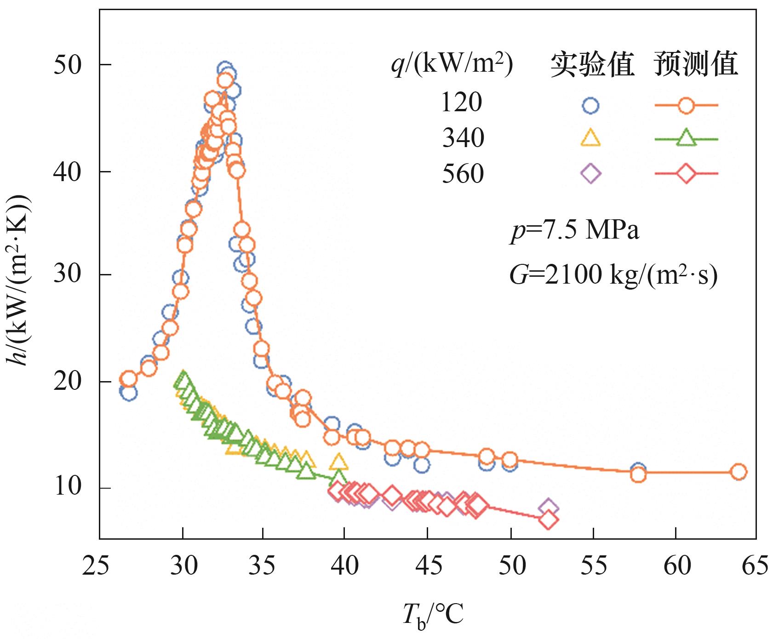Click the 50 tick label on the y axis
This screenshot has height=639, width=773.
click(68, 65)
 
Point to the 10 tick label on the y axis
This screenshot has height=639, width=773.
click(68, 487)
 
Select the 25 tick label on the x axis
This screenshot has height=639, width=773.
click(96, 565)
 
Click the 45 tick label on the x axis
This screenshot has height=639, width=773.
click(429, 565)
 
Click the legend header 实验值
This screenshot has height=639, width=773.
click(592, 64)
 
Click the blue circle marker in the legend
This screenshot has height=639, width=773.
click(590, 106)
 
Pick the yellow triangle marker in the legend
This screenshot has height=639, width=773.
click(590, 138)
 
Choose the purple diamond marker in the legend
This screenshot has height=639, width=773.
click(590, 174)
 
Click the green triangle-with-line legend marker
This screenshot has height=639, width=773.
click(686, 138)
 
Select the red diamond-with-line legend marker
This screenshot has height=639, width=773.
click(686, 174)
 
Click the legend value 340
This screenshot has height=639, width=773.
click(463, 138)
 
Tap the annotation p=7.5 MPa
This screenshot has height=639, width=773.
click(575, 230)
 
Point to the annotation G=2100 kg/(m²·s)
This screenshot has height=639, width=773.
click(613, 275)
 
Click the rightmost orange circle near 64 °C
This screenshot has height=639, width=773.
click(738, 472)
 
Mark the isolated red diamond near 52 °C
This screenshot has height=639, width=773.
click(548, 520)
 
